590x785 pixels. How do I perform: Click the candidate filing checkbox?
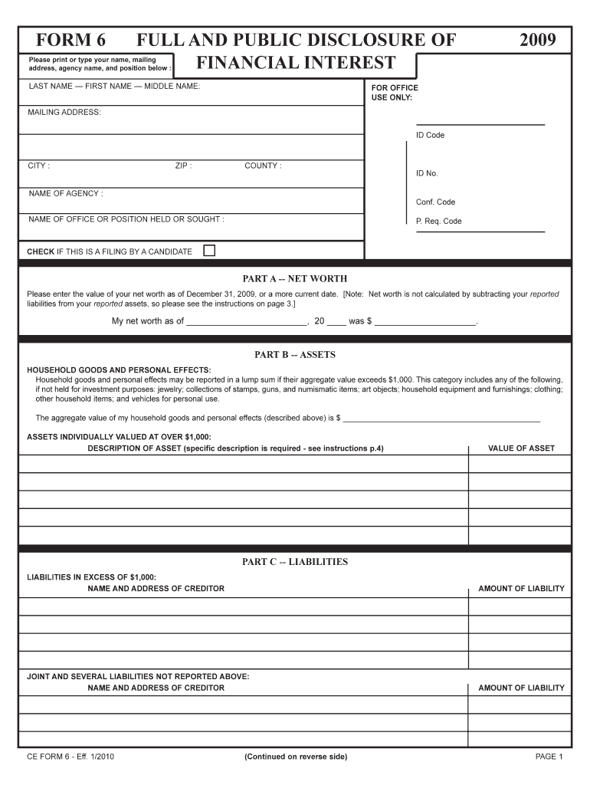click(209, 251)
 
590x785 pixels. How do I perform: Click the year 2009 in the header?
click(537, 41)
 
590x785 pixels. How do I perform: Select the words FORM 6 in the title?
click(68, 41)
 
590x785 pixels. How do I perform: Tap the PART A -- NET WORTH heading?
click(295, 278)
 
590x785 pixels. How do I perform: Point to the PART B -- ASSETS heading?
click(295, 355)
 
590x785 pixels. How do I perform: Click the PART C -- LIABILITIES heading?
click(295, 562)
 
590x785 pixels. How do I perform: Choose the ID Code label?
click(430, 136)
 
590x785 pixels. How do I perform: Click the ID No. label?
click(427, 173)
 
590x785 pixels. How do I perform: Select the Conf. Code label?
click(435, 202)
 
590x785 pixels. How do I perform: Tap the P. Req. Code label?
click(438, 222)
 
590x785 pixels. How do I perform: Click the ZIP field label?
click(183, 166)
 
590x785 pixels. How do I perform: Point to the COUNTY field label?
click(263, 166)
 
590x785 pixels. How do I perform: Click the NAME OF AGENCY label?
click(66, 194)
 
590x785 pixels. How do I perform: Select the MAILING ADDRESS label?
click(64, 113)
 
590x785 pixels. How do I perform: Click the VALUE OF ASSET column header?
click(521, 448)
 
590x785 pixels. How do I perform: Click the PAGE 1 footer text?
click(549, 757)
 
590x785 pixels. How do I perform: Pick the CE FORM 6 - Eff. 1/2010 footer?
click(71, 757)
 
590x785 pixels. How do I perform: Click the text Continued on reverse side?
click(295, 757)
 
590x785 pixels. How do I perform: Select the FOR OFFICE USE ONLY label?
click(395, 93)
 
